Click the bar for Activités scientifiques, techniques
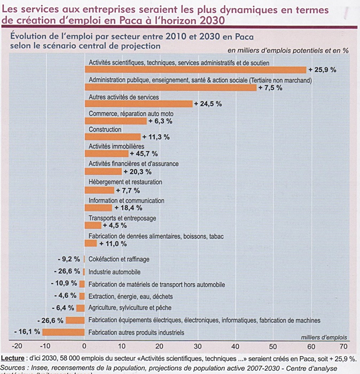[195, 70]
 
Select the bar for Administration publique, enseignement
[170, 87]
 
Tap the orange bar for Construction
[113, 137]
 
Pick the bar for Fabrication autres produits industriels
[64, 332]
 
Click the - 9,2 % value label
[68, 259]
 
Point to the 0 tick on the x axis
[85, 346]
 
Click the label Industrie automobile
[114, 272]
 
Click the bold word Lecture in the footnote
[13, 357]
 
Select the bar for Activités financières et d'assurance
[103, 172]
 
